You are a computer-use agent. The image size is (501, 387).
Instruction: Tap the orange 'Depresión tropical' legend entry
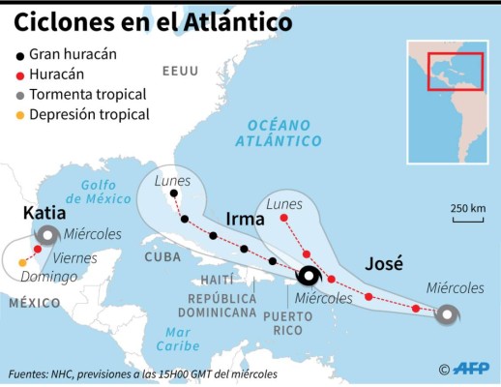[x=88, y=114]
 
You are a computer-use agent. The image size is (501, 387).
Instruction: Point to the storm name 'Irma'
[x=245, y=220]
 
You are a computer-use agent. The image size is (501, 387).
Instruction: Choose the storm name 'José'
[x=384, y=262]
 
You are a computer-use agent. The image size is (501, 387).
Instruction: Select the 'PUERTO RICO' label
[x=294, y=322]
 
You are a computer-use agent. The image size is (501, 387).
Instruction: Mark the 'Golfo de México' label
[x=106, y=192]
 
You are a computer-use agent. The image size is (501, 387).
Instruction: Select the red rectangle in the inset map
[x=455, y=71]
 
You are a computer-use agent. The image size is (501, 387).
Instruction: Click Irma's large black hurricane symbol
[x=309, y=276]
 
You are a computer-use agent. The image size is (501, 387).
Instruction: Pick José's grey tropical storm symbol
[x=447, y=313]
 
